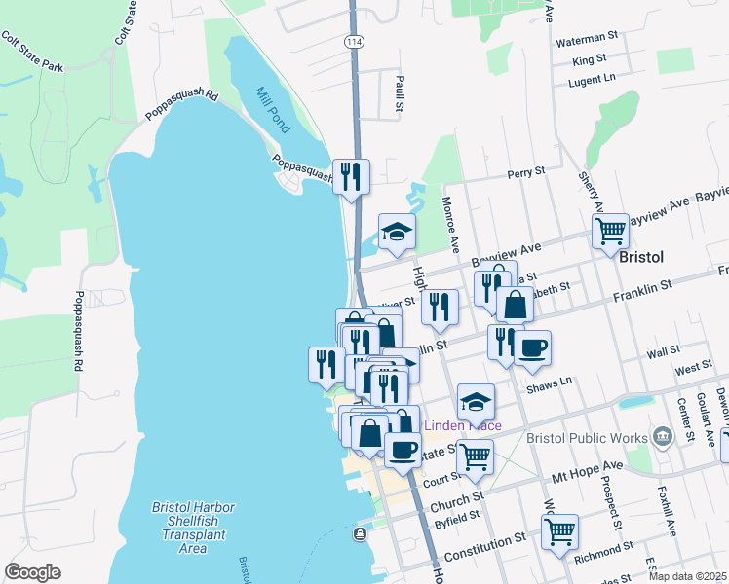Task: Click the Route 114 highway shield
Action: [x=352, y=41]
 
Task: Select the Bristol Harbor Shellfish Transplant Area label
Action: [x=194, y=528]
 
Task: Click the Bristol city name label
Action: [x=641, y=257]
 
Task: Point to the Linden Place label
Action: [x=462, y=426]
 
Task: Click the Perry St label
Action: [x=525, y=173]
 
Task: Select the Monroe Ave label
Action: [x=449, y=221]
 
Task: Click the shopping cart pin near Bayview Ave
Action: [x=610, y=232]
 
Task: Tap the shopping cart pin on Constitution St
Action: [x=559, y=530]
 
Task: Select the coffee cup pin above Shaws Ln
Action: [x=532, y=347]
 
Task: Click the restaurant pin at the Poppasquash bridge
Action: [x=351, y=176]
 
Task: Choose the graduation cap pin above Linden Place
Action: [x=475, y=401]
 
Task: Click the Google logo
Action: [x=32, y=572]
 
